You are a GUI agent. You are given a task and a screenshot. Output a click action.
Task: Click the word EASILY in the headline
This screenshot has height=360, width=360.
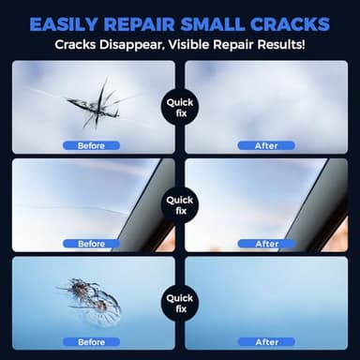pos(70,22)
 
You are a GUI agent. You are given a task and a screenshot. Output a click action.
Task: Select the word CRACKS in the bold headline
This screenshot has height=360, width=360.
pos(293,22)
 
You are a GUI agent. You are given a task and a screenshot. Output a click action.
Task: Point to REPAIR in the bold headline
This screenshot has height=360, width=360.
pos(146,22)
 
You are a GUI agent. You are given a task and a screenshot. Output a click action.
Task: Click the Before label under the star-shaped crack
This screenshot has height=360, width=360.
pos(92,146)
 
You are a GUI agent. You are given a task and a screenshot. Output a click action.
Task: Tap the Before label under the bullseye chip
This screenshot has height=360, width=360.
pos(92,341)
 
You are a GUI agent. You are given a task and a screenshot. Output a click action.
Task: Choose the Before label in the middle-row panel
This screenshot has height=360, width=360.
pos(92,244)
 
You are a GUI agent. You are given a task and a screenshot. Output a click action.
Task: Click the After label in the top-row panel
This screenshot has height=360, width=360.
pos(266,146)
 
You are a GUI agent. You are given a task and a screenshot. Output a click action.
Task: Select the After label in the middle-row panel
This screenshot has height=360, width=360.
pos(266,244)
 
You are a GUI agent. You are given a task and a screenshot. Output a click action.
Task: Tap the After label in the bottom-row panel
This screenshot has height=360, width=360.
pos(266,341)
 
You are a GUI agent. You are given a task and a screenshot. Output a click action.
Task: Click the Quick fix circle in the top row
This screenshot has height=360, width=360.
pos(180,107)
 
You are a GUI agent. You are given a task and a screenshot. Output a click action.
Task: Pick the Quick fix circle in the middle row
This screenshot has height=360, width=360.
pos(180,204)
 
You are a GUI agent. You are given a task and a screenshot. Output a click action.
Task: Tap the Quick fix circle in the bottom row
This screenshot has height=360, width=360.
pos(180,302)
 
